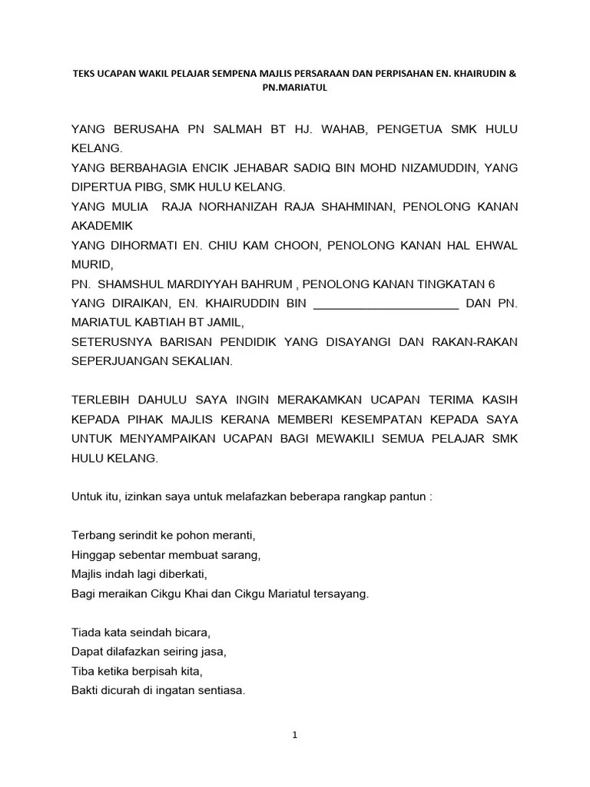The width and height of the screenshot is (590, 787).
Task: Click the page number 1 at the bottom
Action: coord(294,735)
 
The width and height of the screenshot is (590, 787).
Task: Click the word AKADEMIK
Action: coord(102,226)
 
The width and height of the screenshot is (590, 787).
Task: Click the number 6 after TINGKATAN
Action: coord(481,284)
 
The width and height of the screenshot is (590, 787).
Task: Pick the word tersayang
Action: coord(340,593)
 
